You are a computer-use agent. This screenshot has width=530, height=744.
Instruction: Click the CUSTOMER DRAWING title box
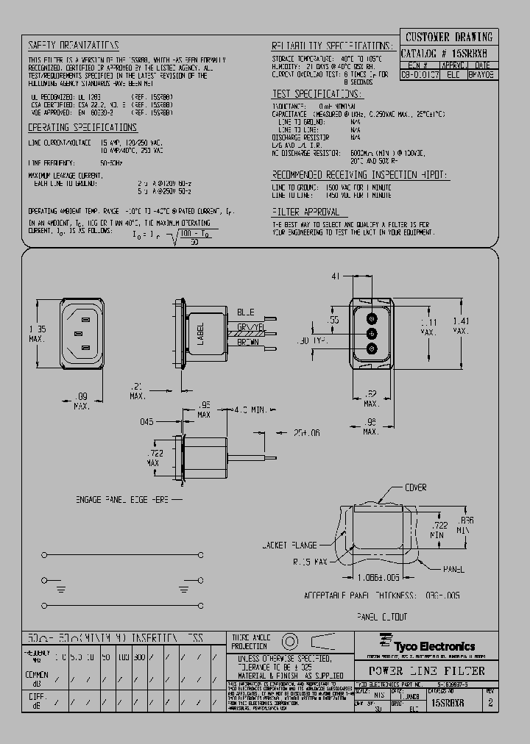click(x=448, y=37)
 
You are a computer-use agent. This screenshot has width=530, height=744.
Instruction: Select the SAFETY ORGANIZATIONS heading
click(x=74, y=45)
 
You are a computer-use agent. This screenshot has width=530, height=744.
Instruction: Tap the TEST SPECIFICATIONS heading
click(x=317, y=94)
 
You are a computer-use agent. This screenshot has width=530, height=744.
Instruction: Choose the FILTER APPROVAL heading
click(x=305, y=211)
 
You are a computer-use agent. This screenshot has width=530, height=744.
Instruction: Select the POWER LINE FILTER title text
click(x=426, y=670)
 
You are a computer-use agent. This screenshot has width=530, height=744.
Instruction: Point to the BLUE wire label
click(x=245, y=312)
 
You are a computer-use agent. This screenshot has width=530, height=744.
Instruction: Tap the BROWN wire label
click(x=248, y=343)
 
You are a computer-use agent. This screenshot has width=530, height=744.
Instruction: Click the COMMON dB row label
click(x=37, y=677)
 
